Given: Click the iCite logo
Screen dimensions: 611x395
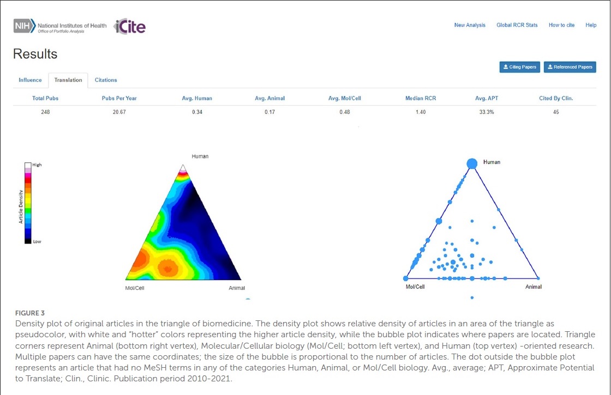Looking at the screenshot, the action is [129, 27].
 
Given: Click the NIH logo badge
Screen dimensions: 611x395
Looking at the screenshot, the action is [25, 26].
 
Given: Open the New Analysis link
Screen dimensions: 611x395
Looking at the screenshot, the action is [470, 25].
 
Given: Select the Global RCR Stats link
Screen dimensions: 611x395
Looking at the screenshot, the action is [517, 25].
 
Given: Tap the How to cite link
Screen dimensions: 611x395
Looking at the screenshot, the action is [561, 25].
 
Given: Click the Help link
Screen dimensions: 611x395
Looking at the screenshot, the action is [591, 25].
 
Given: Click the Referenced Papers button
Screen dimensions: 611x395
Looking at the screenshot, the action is [570, 67].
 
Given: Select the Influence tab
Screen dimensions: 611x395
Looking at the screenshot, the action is [30, 80].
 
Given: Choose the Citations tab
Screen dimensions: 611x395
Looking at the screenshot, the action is [106, 80].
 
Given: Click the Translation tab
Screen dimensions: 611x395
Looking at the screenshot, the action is [68, 80].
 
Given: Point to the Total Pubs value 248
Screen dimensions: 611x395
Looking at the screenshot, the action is [45, 112].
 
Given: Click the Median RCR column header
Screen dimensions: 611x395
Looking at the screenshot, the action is [421, 98].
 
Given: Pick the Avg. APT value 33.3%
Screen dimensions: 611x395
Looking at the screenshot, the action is [486, 112].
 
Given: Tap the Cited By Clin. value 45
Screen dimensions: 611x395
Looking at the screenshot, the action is [556, 112].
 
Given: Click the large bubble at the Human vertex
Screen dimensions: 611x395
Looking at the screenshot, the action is [472, 163].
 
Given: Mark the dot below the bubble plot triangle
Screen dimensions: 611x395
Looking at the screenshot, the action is [472, 297].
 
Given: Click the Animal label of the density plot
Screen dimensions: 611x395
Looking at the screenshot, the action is [237, 288].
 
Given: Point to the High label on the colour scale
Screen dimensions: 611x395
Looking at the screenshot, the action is [37, 165].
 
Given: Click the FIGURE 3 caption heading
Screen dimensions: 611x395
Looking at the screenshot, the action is [30, 313].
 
